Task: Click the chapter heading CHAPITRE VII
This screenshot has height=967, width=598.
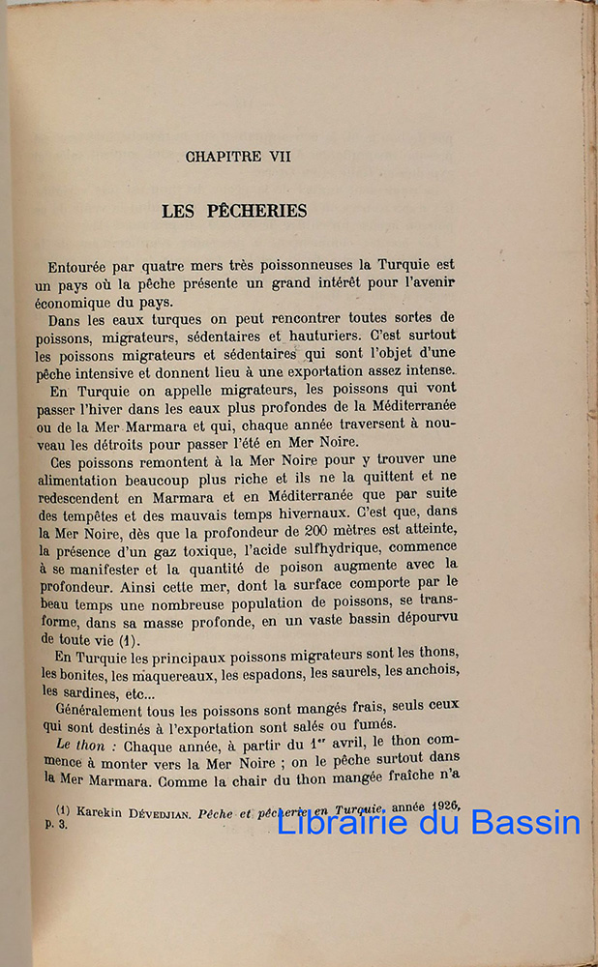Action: [x=238, y=156]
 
